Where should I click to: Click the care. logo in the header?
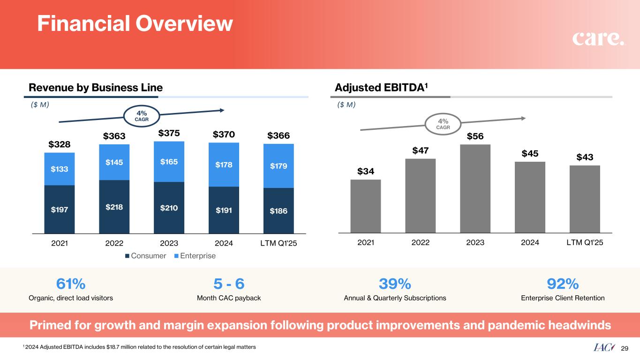[x=598, y=39]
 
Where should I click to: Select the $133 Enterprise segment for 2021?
[x=60, y=169]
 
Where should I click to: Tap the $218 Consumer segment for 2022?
[x=114, y=206]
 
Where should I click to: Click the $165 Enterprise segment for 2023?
[x=169, y=162]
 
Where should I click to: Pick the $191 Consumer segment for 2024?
[x=224, y=210]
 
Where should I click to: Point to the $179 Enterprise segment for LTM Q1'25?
[x=279, y=166]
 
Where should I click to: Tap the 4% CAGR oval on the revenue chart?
[x=141, y=115]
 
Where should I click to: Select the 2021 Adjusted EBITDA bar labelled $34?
[x=365, y=206]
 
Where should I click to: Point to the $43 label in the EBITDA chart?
[x=585, y=157]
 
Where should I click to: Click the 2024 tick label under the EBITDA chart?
[x=530, y=243]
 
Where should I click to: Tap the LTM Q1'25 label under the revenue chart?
[x=279, y=243]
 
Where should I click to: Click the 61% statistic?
[x=71, y=284]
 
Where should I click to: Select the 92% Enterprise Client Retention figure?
[x=563, y=284]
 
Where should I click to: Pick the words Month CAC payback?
[x=229, y=298]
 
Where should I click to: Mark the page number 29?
[x=624, y=348]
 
